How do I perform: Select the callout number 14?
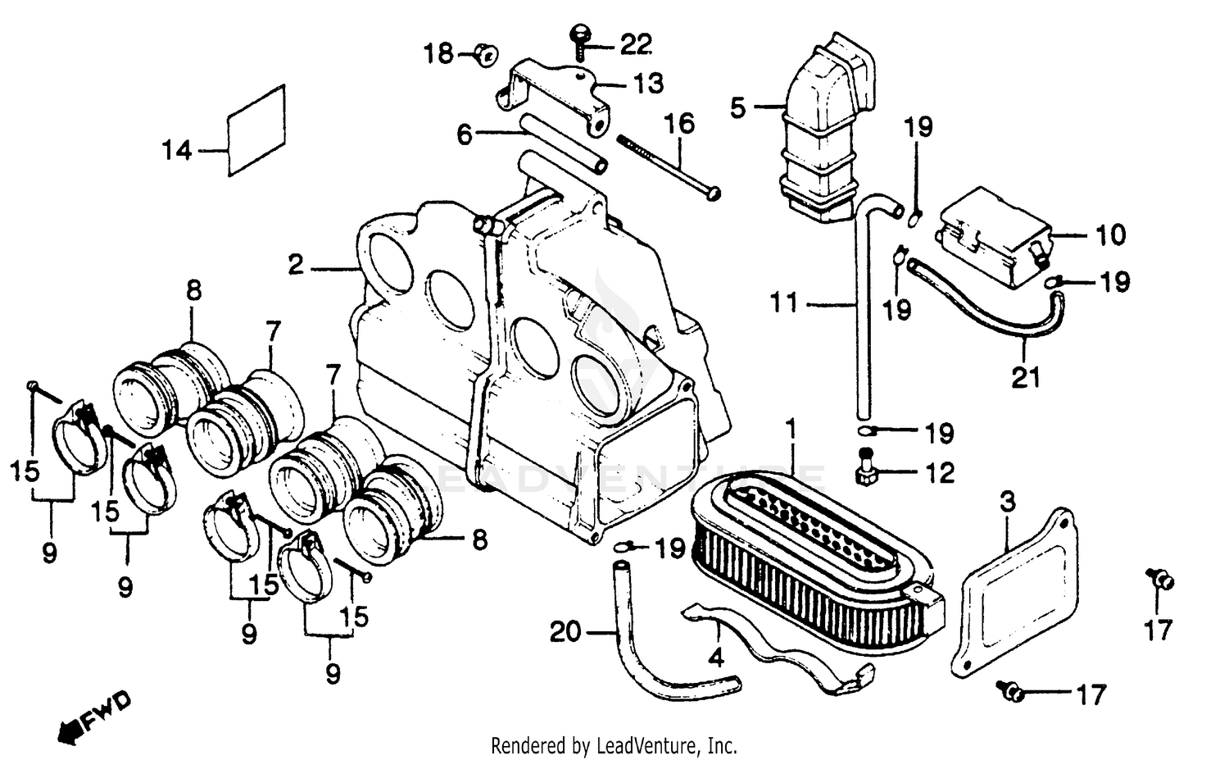pyautogui.click(x=176, y=151)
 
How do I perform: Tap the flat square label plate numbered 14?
pyautogui.click(x=256, y=130)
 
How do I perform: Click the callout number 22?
pyautogui.click(x=635, y=45)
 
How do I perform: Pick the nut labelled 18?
pyautogui.click(x=487, y=55)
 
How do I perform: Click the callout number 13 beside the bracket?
pyautogui.click(x=647, y=84)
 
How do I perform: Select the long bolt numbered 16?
pyautogui.click(x=668, y=163)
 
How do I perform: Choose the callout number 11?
pyautogui.click(x=784, y=303)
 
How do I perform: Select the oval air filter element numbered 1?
pyautogui.click(x=811, y=549)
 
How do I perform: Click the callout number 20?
pyautogui.click(x=566, y=632)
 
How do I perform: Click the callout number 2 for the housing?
pyautogui.click(x=296, y=265)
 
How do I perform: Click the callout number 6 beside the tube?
pyautogui.click(x=465, y=134)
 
